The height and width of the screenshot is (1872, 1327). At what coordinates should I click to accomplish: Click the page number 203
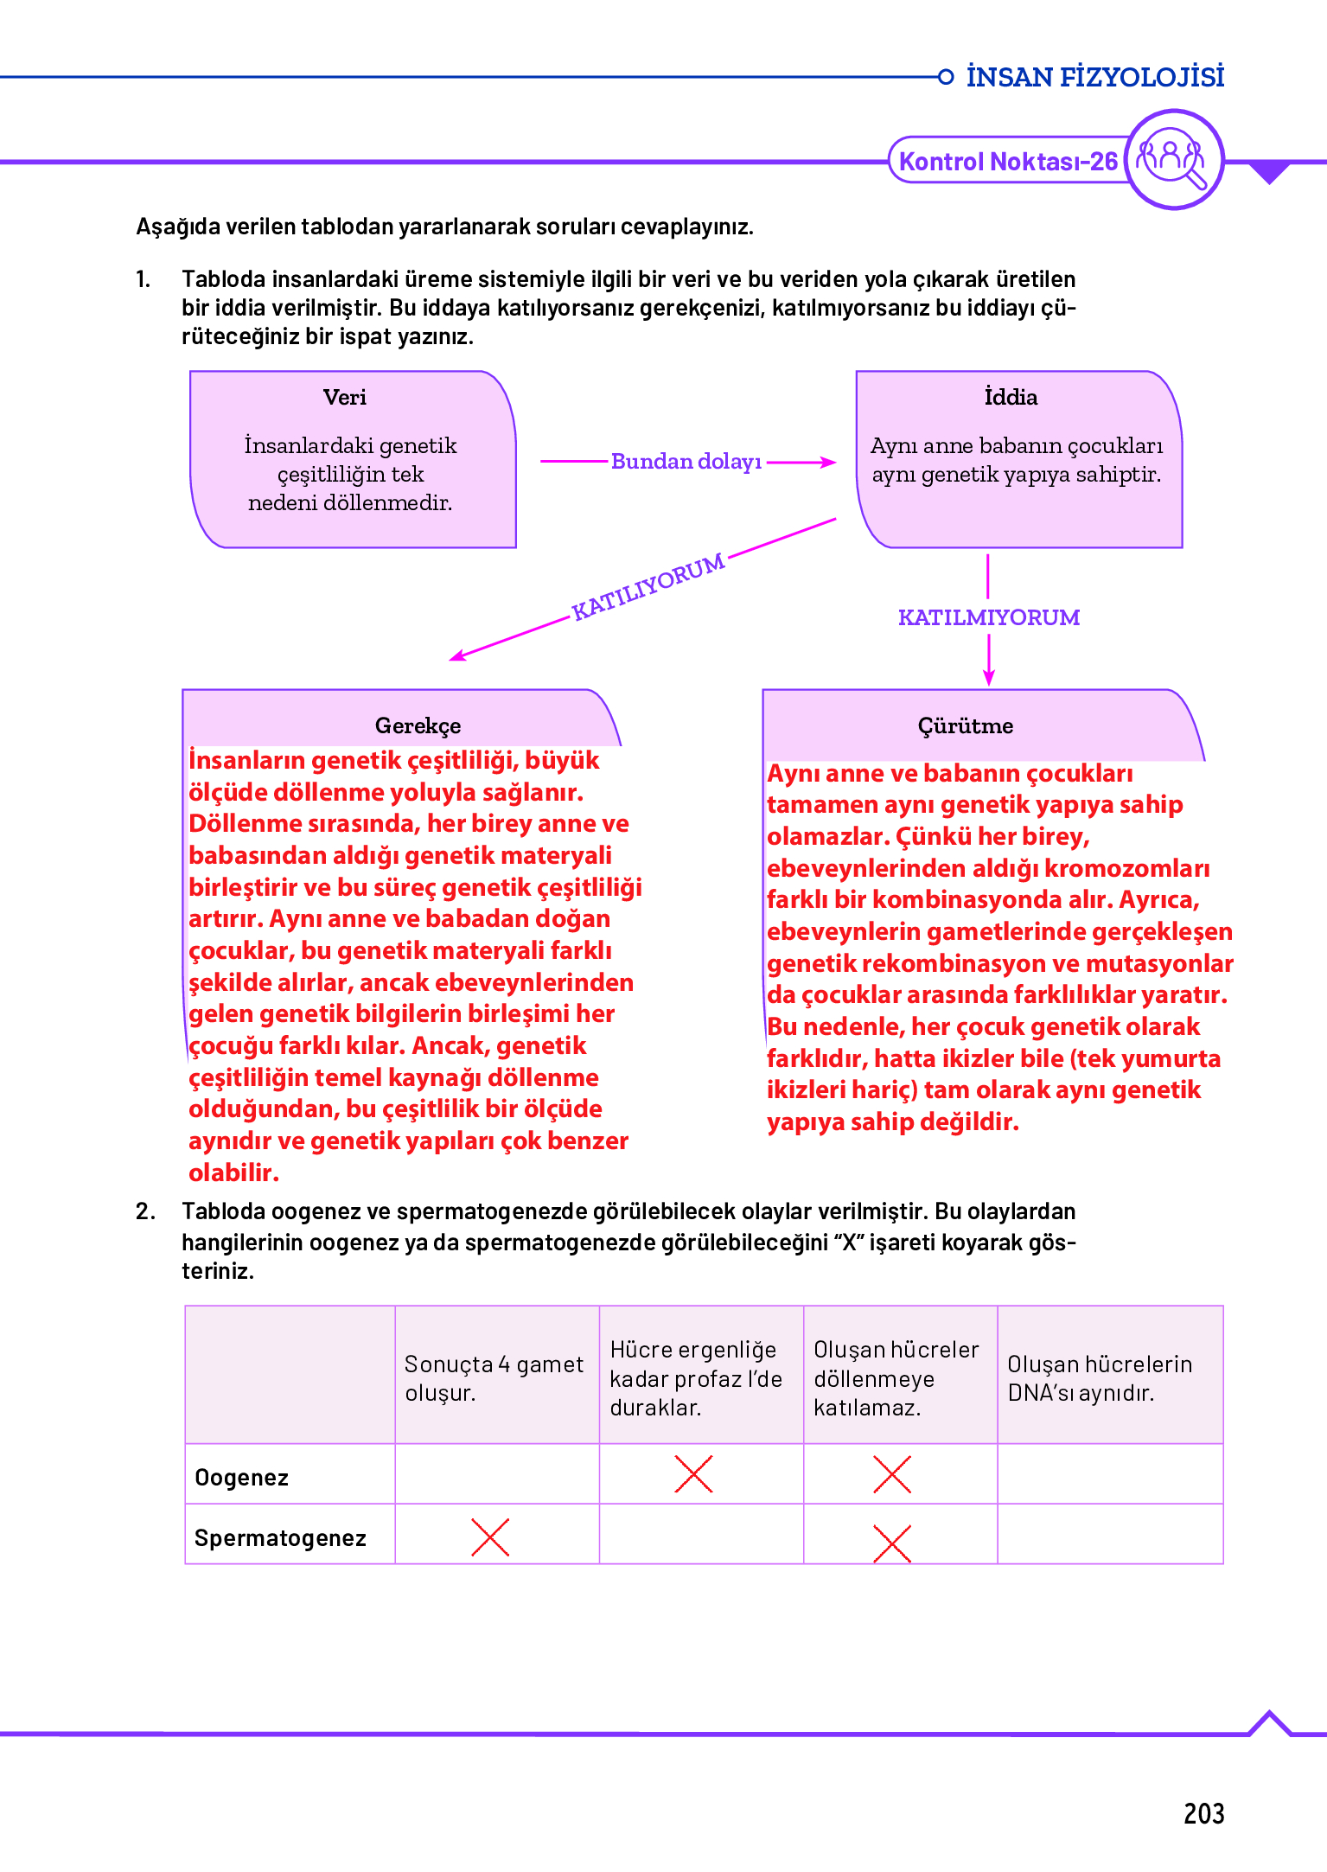(1203, 1813)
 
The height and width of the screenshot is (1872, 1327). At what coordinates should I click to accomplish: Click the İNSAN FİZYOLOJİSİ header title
(1094, 77)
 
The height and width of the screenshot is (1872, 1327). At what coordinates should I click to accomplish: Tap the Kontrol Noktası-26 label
(1008, 162)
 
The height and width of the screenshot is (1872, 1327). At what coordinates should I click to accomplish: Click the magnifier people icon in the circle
(1174, 159)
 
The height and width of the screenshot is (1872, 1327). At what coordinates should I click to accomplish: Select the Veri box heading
(345, 398)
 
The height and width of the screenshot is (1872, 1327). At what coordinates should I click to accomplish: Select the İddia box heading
(1011, 398)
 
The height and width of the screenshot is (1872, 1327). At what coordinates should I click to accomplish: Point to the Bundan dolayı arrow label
(686, 462)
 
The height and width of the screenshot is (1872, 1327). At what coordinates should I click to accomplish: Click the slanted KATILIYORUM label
(648, 587)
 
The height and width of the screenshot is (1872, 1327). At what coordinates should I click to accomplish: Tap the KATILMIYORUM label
(989, 617)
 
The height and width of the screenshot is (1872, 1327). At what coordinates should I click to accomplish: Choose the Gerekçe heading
(418, 725)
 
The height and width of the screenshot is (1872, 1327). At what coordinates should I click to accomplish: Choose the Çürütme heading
(966, 725)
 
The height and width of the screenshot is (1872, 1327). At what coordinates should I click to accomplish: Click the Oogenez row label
(242, 1478)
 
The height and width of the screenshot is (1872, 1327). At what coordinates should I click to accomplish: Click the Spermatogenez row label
(280, 1538)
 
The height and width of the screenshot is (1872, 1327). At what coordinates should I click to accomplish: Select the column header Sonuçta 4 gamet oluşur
(494, 1378)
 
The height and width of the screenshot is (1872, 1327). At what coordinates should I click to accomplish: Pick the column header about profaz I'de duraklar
(697, 1378)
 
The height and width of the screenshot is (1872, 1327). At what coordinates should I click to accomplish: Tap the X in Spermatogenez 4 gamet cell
(490, 1537)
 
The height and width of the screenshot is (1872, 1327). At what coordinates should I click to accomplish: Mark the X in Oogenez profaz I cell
(693, 1474)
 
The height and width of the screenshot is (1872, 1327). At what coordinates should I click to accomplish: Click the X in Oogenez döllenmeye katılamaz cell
(892, 1474)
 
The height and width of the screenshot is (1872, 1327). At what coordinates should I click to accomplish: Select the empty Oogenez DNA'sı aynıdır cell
(1110, 1474)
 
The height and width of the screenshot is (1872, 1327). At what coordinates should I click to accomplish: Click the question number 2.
(144, 1211)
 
